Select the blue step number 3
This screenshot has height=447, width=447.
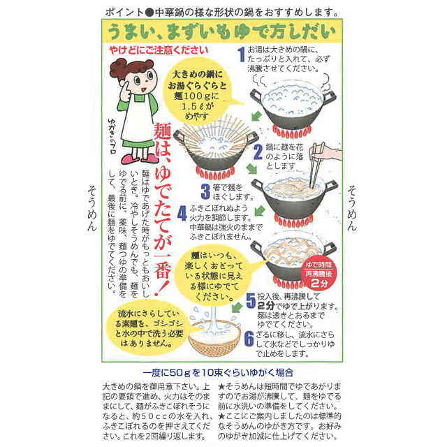pos(205,189)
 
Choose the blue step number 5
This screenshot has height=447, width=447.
pos(249,301)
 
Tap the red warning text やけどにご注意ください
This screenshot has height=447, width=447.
pos(158,50)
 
